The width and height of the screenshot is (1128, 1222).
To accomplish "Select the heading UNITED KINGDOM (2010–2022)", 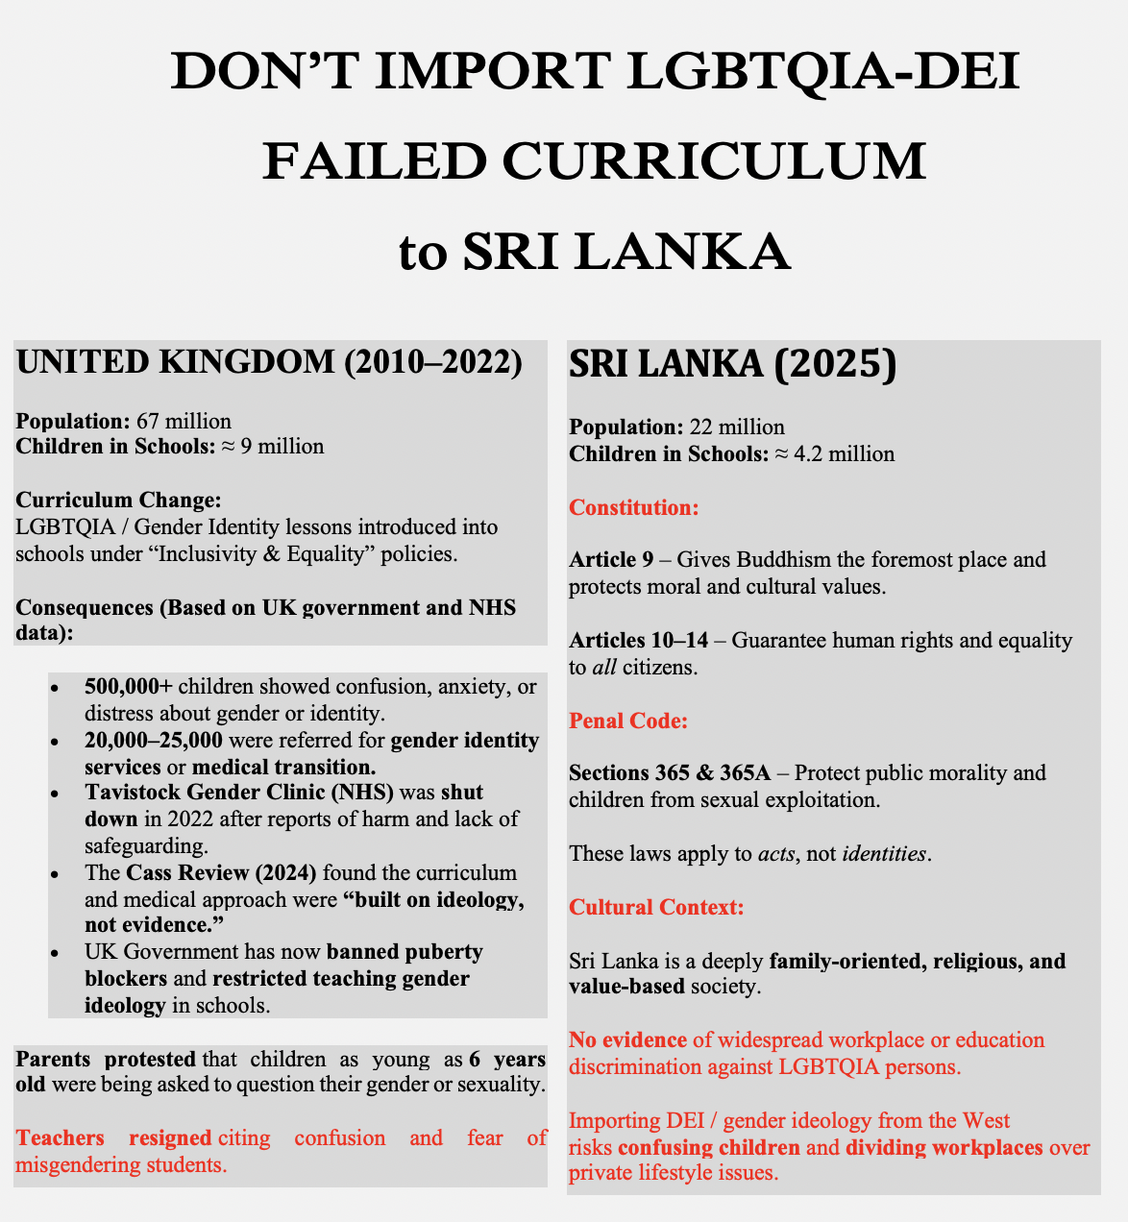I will [x=269, y=362].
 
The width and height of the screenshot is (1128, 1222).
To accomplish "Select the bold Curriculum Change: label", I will [x=119, y=501].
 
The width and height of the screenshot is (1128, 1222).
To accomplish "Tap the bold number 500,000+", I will [x=129, y=686].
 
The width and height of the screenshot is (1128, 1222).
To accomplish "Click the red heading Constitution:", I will [x=634, y=507].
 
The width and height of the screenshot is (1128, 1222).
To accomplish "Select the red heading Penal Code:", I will [x=628, y=721].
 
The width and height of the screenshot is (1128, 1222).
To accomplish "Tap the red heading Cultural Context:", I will [x=656, y=907].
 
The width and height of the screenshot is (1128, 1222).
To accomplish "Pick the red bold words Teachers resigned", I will [x=113, y=1138].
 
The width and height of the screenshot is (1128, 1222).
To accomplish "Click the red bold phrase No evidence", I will [x=627, y=1039].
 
